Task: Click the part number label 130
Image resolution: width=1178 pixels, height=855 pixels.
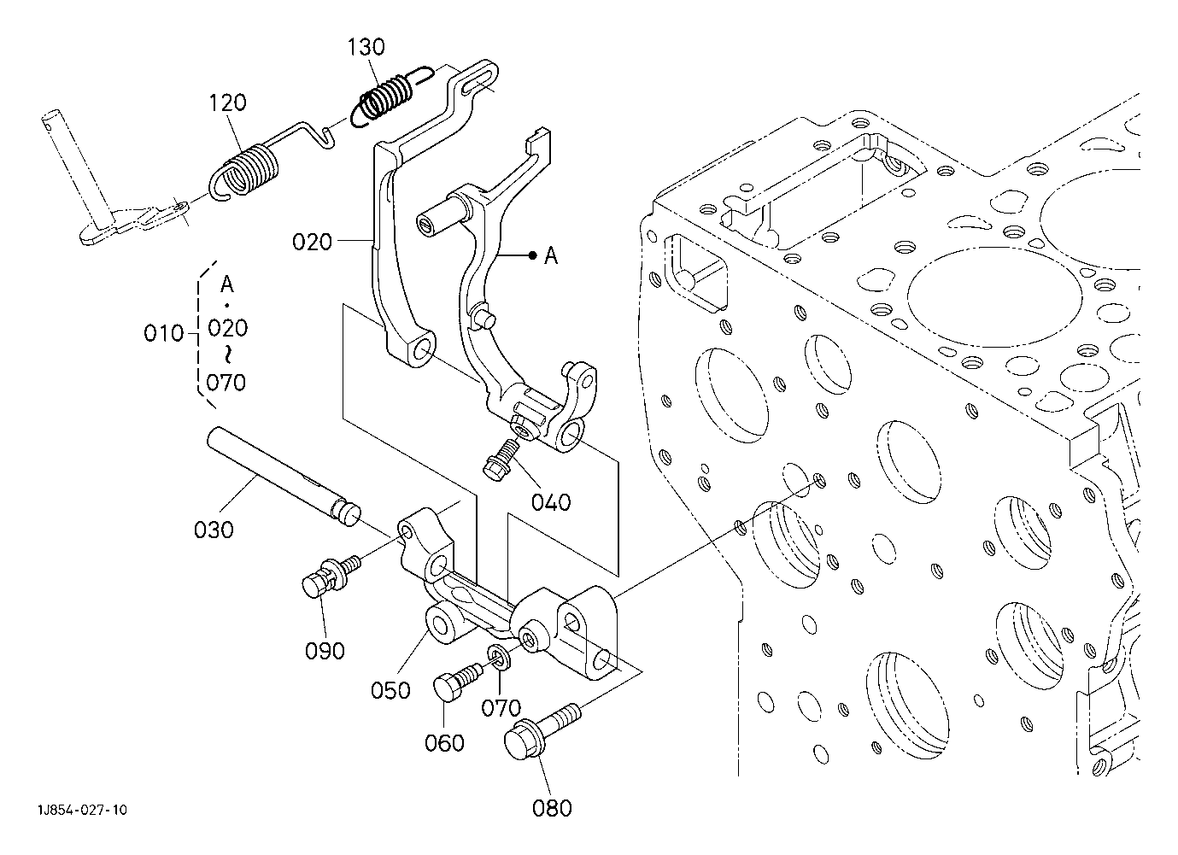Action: tap(366, 47)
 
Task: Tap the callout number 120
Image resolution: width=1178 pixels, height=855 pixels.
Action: tap(228, 102)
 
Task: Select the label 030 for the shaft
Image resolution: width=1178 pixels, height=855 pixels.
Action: tap(214, 530)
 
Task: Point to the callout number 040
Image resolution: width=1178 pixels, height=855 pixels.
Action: tap(551, 503)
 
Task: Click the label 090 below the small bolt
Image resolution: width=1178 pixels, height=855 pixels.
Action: tap(325, 651)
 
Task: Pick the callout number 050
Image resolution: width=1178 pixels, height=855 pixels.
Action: tap(390, 690)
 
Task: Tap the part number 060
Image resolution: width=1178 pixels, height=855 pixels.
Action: tap(444, 743)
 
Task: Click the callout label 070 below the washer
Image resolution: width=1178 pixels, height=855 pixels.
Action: tap(501, 708)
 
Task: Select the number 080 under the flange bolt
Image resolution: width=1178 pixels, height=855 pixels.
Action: tap(552, 808)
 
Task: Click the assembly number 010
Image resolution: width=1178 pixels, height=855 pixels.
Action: tap(163, 333)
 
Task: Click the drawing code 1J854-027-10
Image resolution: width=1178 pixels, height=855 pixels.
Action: tap(83, 810)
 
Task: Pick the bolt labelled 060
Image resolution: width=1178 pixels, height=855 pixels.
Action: tap(456, 682)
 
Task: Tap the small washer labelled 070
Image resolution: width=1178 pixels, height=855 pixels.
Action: tap(497, 658)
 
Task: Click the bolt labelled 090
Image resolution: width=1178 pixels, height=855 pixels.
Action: tap(331, 577)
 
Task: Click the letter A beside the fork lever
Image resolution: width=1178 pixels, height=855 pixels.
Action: tap(551, 256)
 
